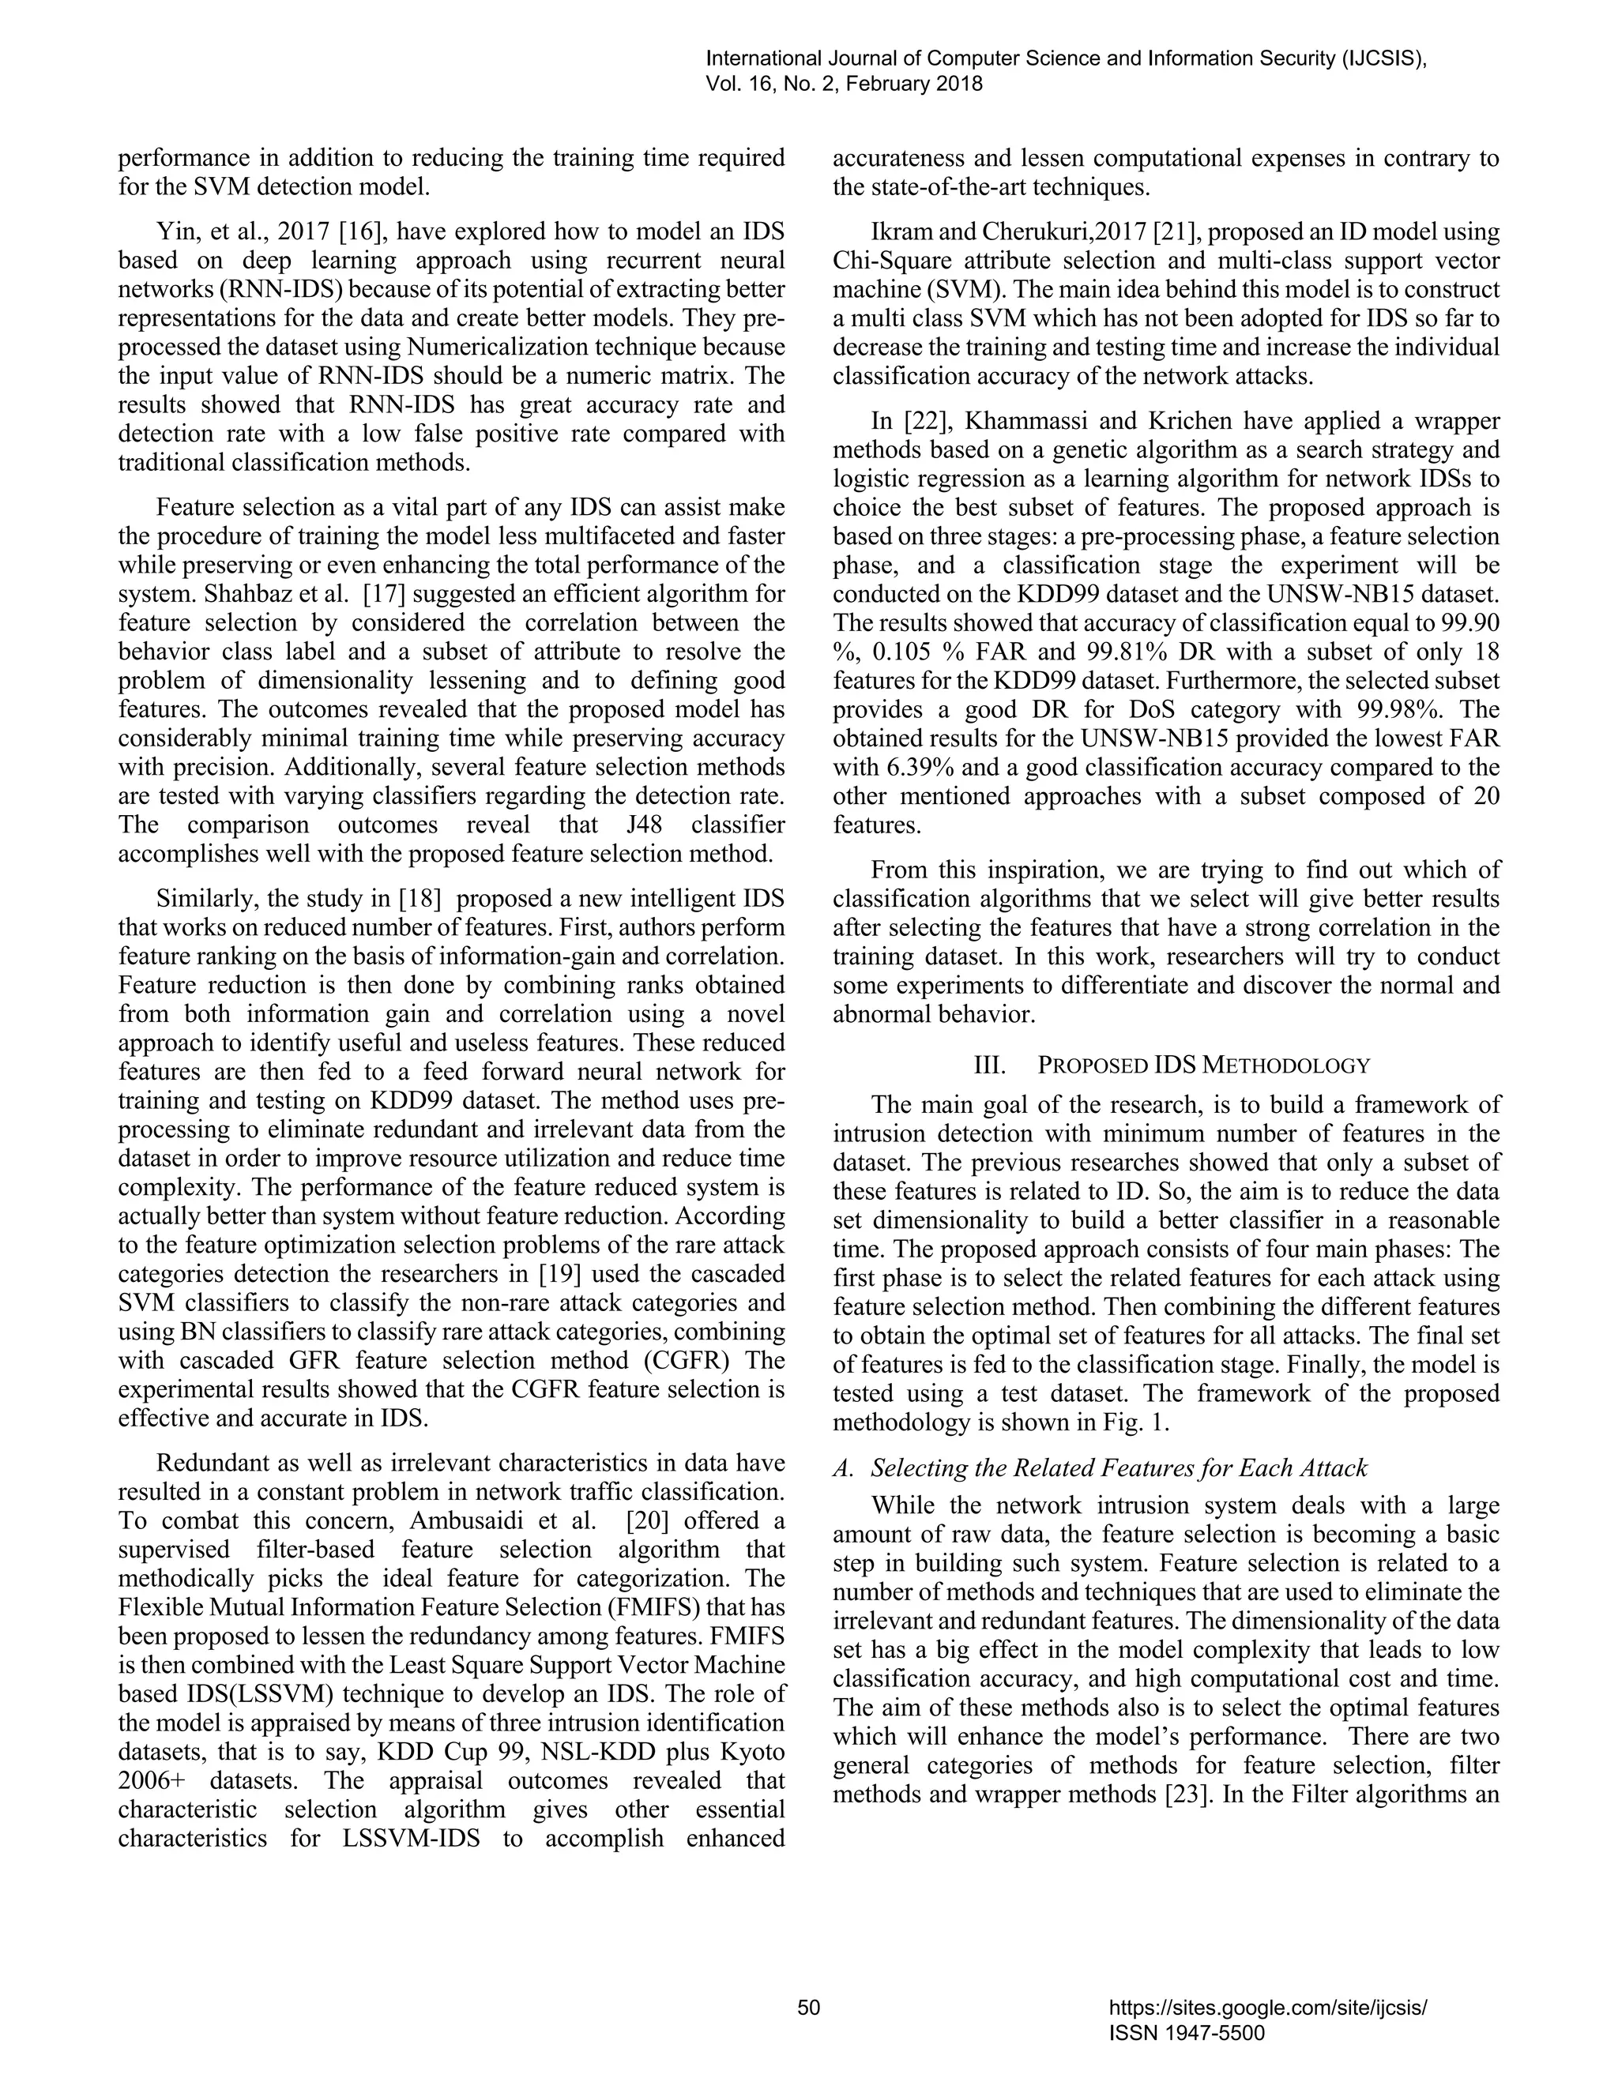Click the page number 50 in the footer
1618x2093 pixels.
click(808, 2008)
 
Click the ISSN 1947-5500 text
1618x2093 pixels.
click(1186, 2033)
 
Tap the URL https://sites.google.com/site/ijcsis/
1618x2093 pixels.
click(1267, 2008)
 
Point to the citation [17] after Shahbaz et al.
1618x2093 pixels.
click(383, 594)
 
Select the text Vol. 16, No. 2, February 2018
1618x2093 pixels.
click(844, 85)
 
